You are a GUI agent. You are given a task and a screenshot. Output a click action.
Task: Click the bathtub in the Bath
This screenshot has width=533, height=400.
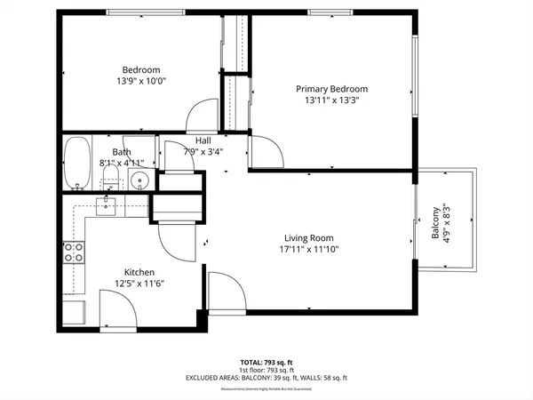[77, 164]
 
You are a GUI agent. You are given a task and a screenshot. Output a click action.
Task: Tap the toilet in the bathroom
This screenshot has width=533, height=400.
[110, 180]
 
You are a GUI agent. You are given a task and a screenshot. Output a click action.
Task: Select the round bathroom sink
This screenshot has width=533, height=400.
[138, 181]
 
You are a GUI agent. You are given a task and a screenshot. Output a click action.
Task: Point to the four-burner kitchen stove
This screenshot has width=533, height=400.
[74, 252]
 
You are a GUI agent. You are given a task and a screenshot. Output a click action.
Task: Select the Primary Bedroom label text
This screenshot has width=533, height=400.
[330, 89]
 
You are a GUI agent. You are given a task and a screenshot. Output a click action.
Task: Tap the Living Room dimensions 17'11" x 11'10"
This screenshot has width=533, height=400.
[307, 249]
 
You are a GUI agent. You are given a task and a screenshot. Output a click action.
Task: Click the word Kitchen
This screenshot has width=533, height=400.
[139, 272]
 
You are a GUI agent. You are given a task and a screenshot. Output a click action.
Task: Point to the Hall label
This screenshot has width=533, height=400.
[203, 140]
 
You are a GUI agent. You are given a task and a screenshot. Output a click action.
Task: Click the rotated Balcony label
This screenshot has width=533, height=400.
[436, 222]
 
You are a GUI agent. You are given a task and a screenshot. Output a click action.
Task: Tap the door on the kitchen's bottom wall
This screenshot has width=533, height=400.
[117, 308]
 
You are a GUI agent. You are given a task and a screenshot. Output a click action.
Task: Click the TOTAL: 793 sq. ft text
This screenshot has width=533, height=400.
[266, 363]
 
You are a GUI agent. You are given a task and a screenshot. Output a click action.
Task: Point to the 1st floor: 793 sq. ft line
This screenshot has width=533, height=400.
[266, 371]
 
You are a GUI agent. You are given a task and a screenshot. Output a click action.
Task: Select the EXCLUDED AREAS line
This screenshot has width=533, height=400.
[266, 379]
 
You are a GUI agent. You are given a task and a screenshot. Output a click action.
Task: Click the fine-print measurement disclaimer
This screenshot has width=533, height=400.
[266, 388]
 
